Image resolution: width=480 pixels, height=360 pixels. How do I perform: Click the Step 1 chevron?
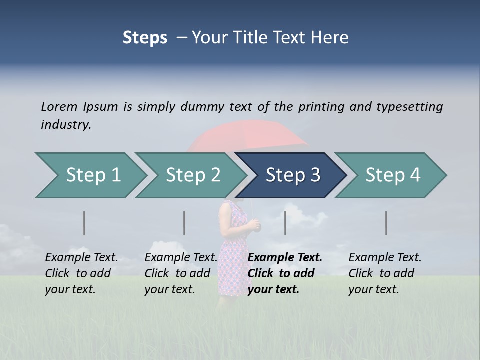[x=92, y=175]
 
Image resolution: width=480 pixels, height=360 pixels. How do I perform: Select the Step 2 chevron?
[x=192, y=175]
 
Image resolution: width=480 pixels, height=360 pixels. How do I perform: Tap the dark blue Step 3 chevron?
[x=292, y=175]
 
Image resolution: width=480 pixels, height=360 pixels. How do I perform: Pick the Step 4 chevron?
[x=392, y=175]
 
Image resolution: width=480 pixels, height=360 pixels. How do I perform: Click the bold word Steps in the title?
[x=145, y=38]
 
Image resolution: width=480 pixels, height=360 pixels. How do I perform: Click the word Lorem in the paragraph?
[x=59, y=106]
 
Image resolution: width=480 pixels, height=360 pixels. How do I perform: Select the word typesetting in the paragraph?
[x=409, y=107]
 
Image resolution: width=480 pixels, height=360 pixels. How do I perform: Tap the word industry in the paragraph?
[x=65, y=124]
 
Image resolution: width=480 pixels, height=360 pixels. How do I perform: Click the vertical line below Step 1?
[x=84, y=223]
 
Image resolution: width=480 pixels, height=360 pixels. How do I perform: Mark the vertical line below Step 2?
[x=184, y=223]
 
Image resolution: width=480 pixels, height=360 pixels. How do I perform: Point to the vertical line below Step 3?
[x=285, y=223]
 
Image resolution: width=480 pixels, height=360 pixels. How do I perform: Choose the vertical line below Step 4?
[x=386, y=223]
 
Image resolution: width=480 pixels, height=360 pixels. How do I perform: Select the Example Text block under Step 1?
[x=81, y=273]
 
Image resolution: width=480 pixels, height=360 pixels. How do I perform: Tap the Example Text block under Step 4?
[x=385, y=273]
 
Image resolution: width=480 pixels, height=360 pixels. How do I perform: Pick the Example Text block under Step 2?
[x=181, y=273]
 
